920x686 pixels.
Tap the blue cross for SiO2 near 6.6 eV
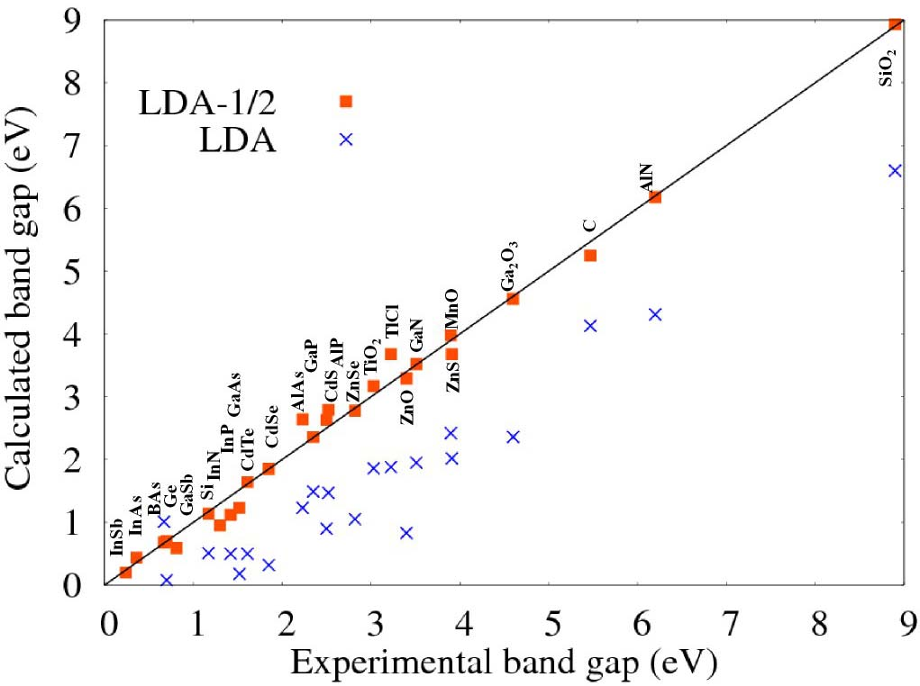[894, 170]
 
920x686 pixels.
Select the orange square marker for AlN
[655, 197]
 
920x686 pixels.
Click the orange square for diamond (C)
[590, 256]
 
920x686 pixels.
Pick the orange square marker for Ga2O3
[513, 299]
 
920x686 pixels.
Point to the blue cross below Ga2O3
[513, 437]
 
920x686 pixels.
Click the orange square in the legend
[345, 102]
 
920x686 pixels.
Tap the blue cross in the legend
[345, 140]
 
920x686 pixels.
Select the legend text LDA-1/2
[206, 103]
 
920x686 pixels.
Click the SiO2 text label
[887, 68]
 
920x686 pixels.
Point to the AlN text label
[645, 177]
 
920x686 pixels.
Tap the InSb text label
[115, 537]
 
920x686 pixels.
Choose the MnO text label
[451, 310]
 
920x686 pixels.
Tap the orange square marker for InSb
[125, 573]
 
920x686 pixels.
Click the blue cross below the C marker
[590, 325]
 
